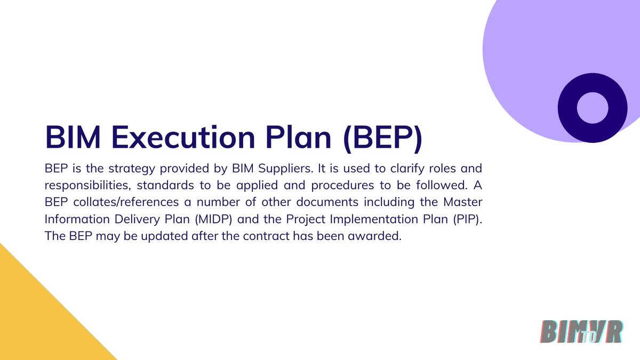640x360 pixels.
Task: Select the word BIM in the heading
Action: pyautogui.click(x=70, y=137)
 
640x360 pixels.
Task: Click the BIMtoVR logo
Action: pyautogui.click(x=581, y=331)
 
